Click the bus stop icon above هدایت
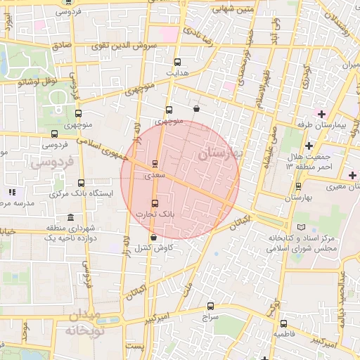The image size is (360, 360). click(x=176, y=62)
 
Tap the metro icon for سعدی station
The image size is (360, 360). click(x=155, y=164)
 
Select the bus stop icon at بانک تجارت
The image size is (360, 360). click(x=155, y=203)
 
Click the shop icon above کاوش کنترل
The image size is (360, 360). click(x=153, y=238)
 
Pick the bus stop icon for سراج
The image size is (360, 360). click(x=210, y=306)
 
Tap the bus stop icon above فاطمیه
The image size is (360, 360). click(x=283, y=324)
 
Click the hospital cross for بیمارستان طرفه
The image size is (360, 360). click(x=322, y=114)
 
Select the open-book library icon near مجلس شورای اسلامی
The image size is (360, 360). click(x=302, y=229)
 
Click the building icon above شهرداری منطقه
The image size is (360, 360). click(x=70, y=219)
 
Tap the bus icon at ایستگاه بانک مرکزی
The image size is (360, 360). click(x=81, y=183)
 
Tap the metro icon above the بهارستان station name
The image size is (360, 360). click(x=299, y=186)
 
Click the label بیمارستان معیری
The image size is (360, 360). click(x=334, y=186)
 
